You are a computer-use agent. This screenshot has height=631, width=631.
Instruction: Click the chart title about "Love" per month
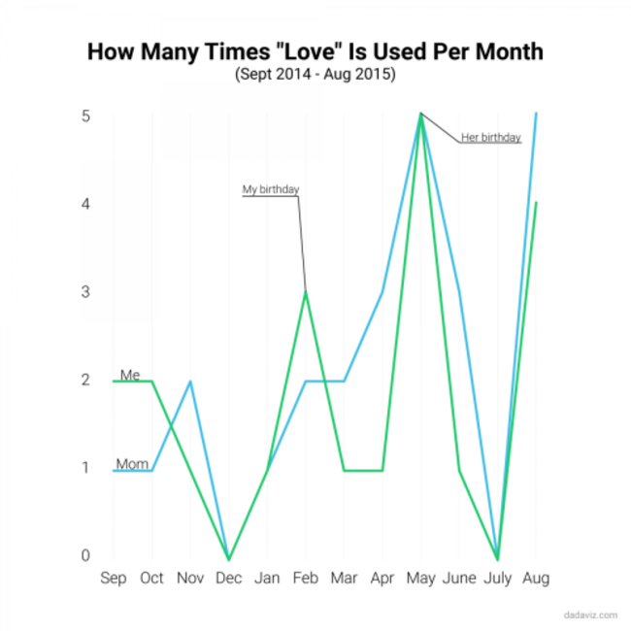pos(315,50)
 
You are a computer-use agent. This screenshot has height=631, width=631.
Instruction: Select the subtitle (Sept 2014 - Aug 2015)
pos(315,75)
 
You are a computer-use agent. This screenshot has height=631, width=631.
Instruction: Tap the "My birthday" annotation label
pos(271,189)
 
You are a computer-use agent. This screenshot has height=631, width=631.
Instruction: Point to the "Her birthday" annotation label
pos(491,137)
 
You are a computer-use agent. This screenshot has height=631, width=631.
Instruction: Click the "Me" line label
pos(130,375)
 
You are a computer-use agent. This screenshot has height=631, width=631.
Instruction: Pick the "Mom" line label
pos(132,464)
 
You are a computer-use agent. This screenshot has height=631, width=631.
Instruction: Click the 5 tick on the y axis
pos(85,116)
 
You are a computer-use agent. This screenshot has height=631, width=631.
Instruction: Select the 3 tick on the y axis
pos(85,292)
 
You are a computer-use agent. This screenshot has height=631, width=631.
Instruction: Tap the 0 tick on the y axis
pos(85,555)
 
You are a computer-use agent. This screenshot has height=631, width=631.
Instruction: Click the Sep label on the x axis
pos(114,579)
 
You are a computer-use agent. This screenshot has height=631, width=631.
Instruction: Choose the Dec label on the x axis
pos(228,579)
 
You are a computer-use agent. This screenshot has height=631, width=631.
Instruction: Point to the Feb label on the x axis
pos(306,579)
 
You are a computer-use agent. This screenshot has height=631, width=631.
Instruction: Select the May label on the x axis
pos(420,579)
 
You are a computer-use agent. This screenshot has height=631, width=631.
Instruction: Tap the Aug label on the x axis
pos(536,579)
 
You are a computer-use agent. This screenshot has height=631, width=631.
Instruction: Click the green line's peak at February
pos(306,291)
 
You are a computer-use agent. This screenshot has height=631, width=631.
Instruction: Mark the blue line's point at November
pos(190,382)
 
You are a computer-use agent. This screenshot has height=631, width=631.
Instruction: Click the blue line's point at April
pos(382,292)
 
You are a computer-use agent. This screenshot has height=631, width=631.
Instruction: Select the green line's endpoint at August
pos(536,203)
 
